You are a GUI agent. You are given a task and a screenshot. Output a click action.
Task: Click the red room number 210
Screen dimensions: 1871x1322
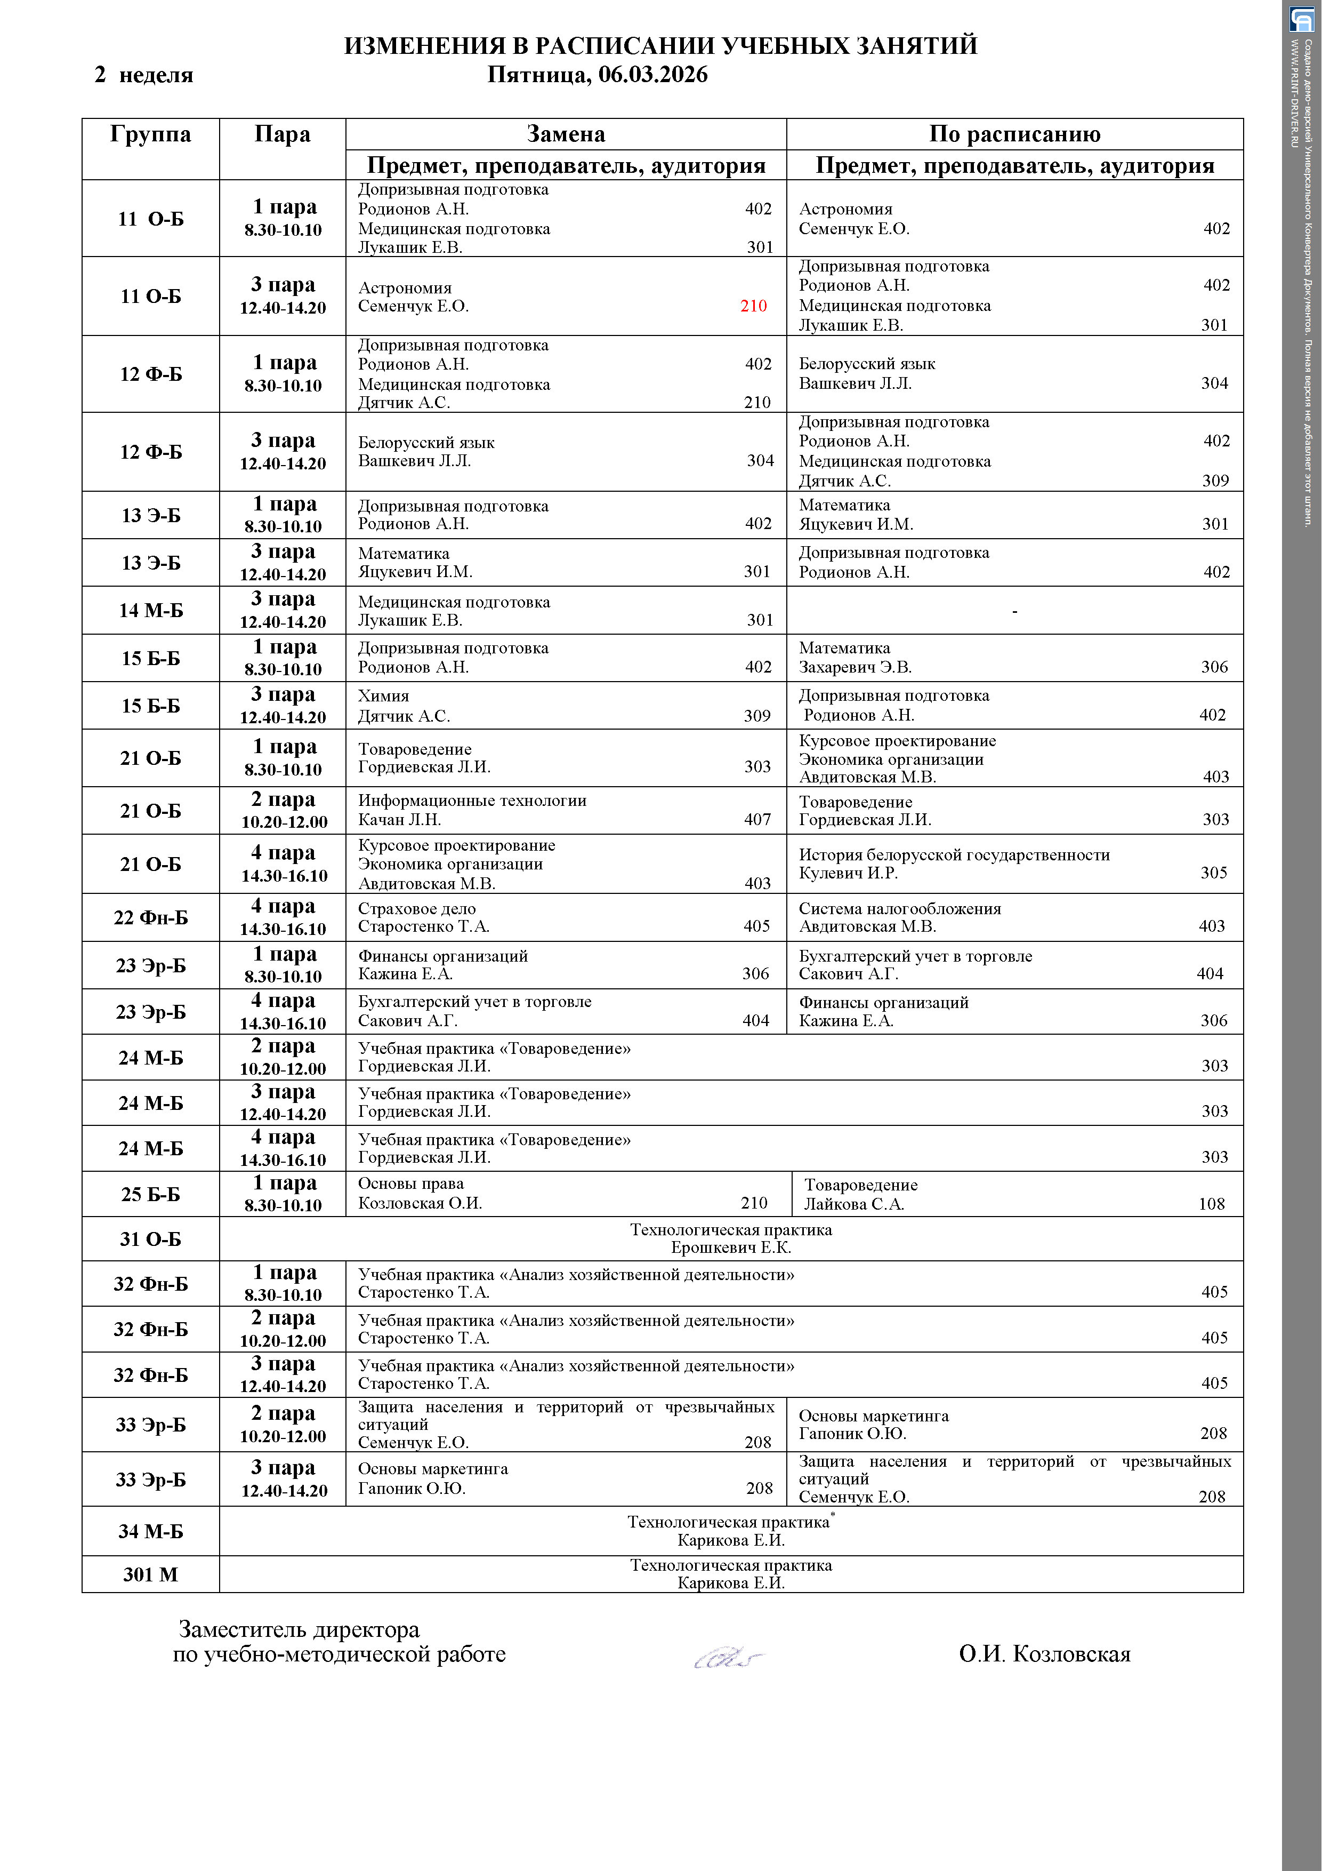click(x=753, y=306)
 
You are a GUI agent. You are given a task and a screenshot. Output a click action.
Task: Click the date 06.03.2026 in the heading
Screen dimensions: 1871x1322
click(x=652, y=75)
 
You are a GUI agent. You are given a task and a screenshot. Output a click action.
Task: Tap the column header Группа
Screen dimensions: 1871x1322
click(x=151, y=134)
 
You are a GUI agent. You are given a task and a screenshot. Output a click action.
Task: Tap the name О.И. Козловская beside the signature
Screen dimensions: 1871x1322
click(x=1044, y=1654)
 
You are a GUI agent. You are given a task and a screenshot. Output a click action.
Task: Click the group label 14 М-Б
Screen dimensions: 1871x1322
click(x=151, y=610)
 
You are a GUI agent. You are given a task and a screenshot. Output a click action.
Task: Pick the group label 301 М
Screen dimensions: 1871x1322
click(x=151, y=1574)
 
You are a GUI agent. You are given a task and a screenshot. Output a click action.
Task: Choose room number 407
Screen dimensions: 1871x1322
click(x=757, y=820)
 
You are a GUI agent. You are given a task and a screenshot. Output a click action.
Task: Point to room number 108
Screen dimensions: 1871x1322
click(x=1211, y=1204)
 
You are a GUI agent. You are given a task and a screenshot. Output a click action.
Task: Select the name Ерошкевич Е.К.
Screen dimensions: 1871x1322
click(x=731, y=1248)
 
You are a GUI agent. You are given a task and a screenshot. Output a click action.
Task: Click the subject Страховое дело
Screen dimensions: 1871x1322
click(x=416, y=909)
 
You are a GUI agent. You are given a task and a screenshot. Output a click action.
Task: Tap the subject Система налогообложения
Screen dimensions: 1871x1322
click(x=899, y=909)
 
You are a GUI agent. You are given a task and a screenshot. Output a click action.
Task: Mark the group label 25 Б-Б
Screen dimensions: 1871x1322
click(x=151, y=1195)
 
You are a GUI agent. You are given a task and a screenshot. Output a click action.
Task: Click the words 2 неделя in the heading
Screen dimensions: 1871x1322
click(x=144, y=75)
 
